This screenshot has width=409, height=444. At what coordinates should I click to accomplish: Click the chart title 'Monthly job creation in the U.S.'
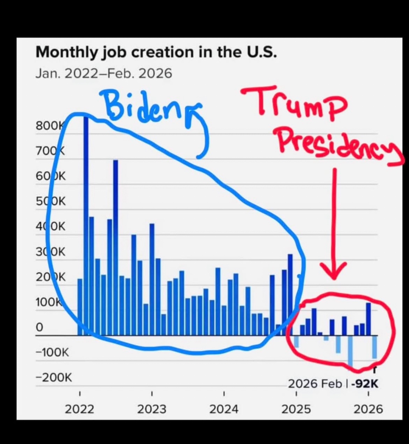156,52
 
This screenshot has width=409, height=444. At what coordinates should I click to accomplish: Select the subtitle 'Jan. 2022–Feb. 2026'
104,73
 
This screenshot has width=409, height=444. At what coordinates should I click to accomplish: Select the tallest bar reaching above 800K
86,224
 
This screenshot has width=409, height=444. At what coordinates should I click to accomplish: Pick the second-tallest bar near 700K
116,245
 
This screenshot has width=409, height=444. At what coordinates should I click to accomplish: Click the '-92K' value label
365,384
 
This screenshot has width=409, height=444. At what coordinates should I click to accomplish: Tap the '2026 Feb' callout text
315,384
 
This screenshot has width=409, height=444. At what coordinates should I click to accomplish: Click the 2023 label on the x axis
152,409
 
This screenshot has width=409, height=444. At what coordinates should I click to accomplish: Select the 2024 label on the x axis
224,409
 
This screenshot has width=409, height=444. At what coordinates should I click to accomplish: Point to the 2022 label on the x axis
80,409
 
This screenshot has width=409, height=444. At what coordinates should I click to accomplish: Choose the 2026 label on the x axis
368,409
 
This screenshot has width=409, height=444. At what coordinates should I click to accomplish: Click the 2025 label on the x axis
296,409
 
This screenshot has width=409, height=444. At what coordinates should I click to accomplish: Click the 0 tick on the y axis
39,327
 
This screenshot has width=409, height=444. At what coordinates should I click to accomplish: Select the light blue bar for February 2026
374,347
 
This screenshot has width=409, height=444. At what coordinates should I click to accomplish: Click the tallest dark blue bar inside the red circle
368,318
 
